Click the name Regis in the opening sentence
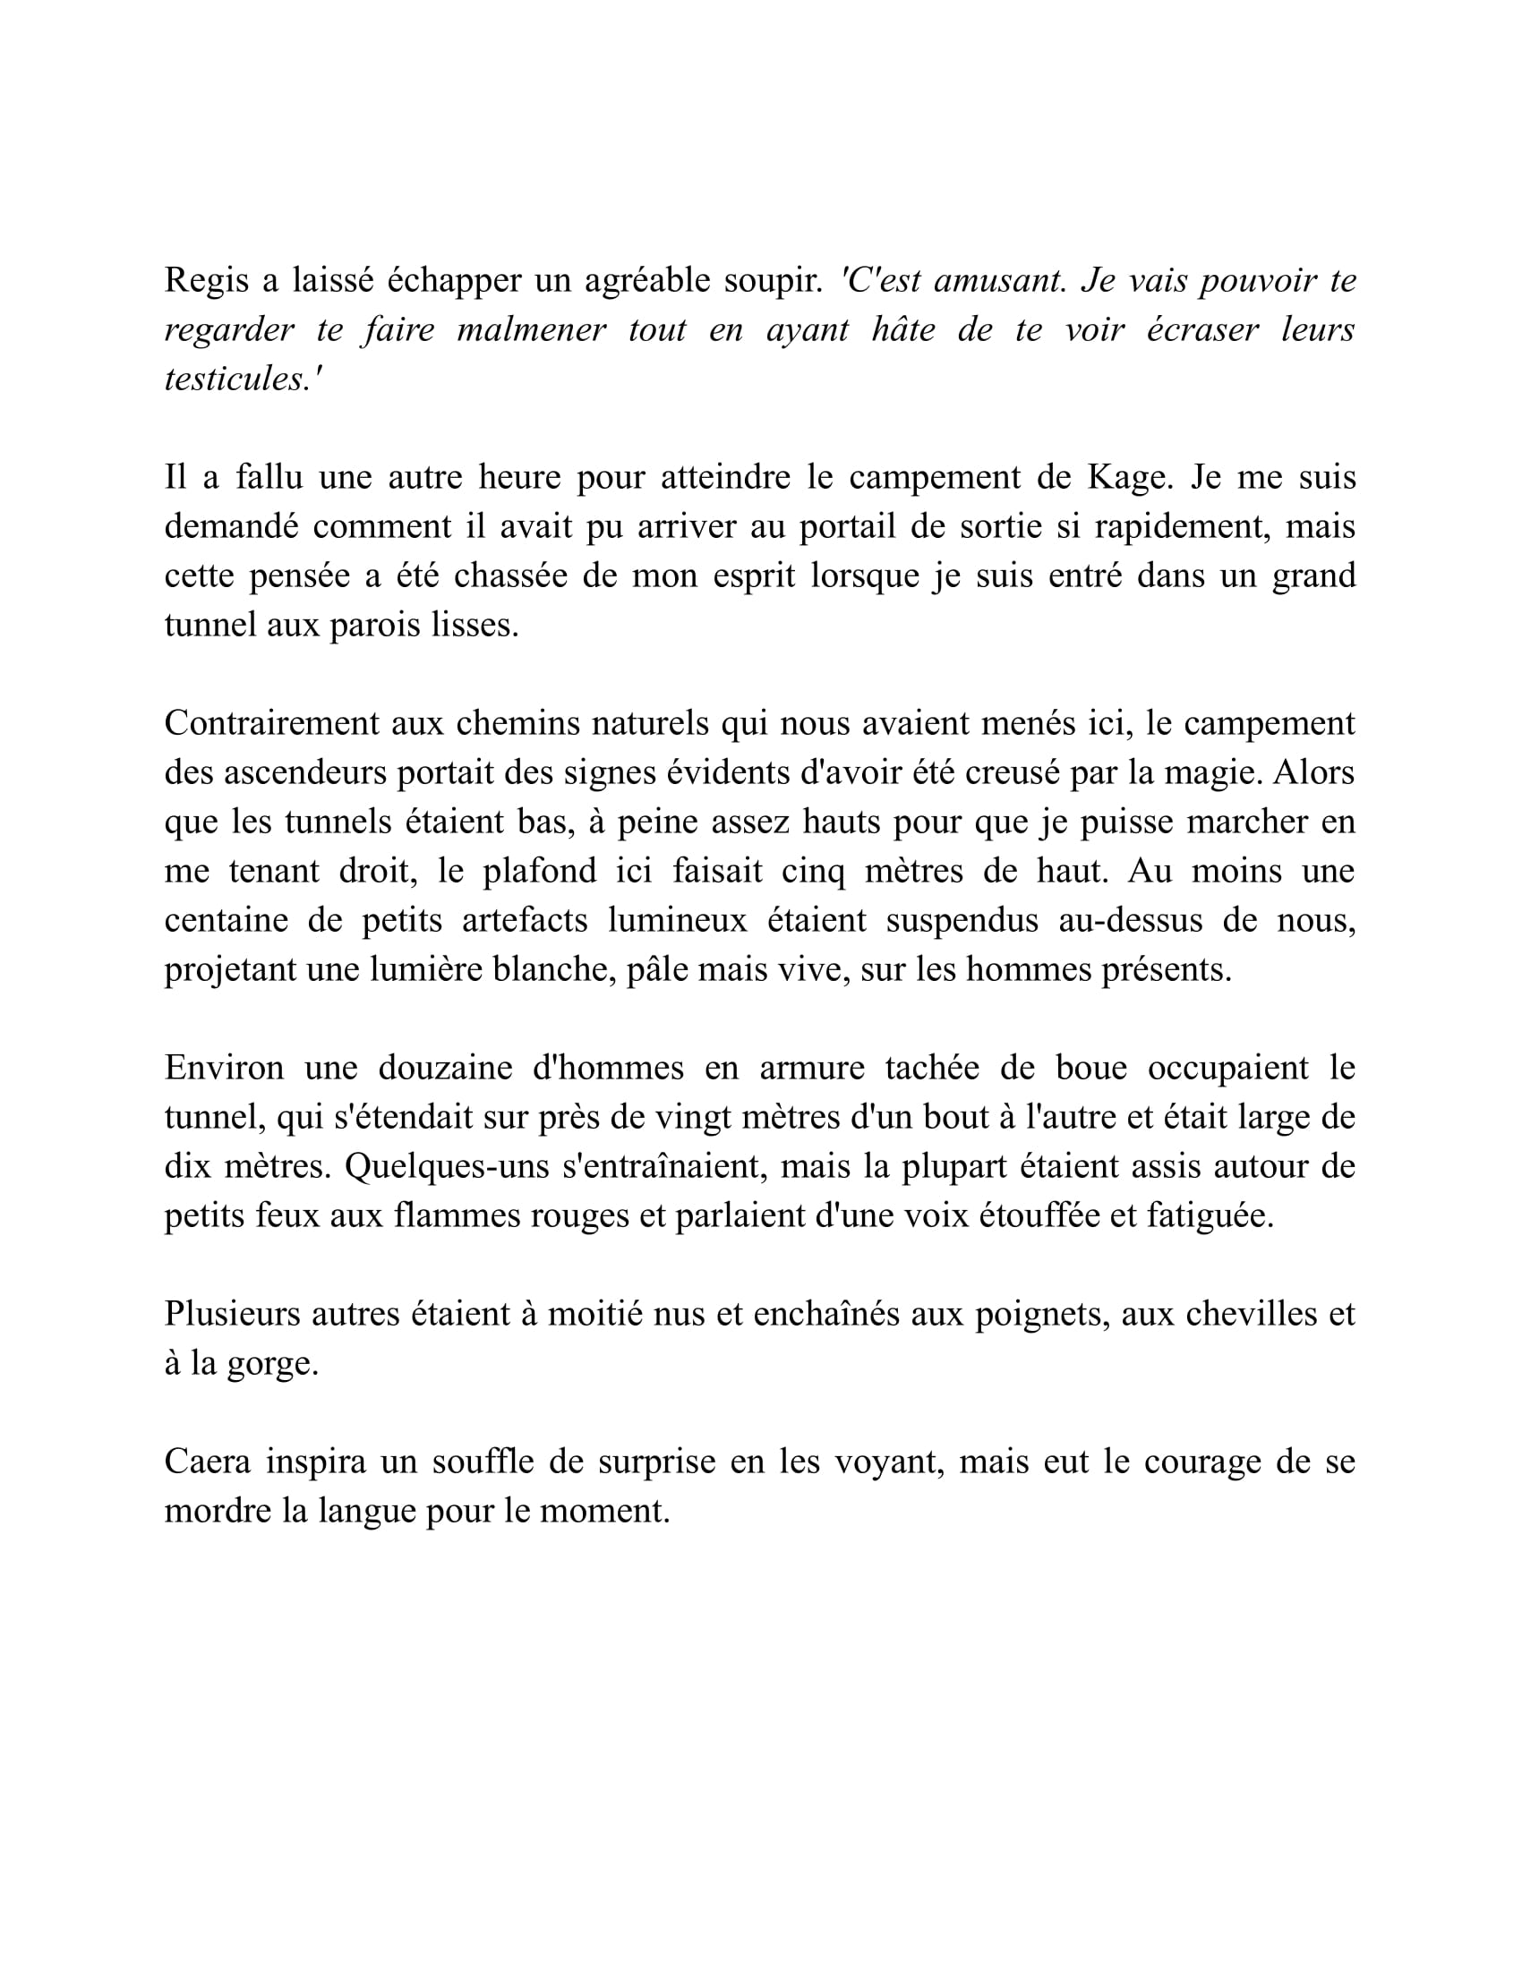206,281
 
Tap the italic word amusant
999,281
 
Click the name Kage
1129,477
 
